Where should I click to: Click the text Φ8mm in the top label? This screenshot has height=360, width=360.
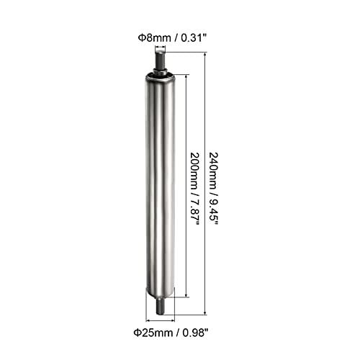pyautogui.click(x=150, y=37)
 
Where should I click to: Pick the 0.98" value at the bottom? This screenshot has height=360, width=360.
pyautogui.click(x=186, y=333)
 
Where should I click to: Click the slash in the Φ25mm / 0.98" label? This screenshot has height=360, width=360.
pyautogui.click(x=170, y=333)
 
